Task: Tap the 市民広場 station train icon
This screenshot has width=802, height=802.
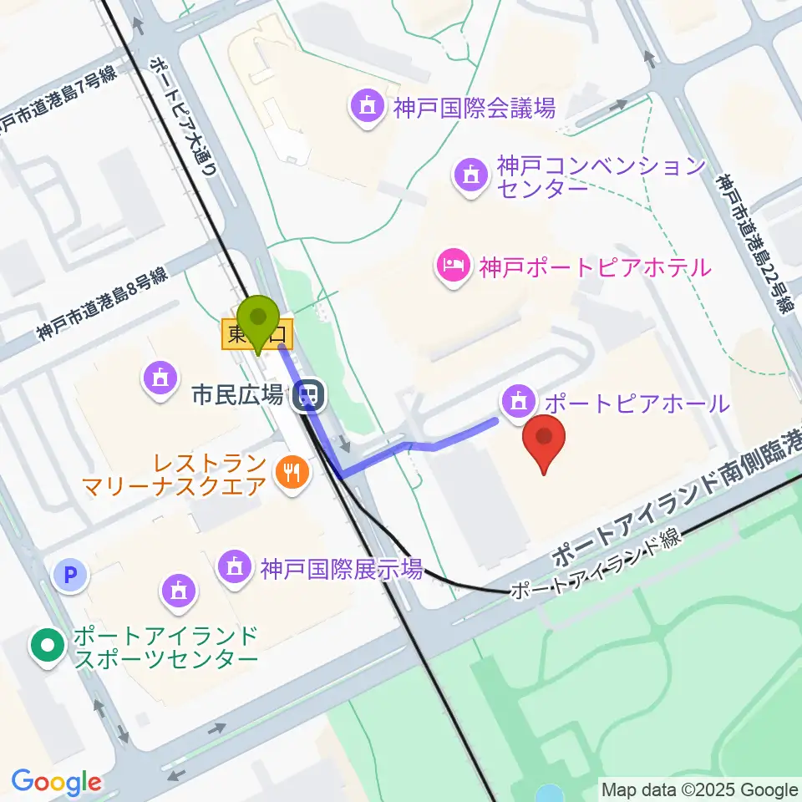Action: click(309, 395)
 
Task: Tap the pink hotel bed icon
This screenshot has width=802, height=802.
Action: click(454, 267)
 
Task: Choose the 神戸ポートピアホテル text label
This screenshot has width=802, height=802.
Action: click(595, 268)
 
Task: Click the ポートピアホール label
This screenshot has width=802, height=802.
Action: click(637, 404)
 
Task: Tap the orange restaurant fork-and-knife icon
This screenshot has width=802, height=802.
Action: click(292, 474)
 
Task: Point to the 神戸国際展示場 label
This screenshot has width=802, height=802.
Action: click(341, 570)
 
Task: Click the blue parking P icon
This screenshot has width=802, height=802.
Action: click(71, 575)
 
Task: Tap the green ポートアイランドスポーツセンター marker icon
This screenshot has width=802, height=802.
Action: click(48, 647)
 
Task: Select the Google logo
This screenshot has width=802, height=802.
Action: click(56, 781)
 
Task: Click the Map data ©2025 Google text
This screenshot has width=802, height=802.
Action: click(700, 789)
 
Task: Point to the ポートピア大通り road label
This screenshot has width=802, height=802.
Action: click(184, 117)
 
